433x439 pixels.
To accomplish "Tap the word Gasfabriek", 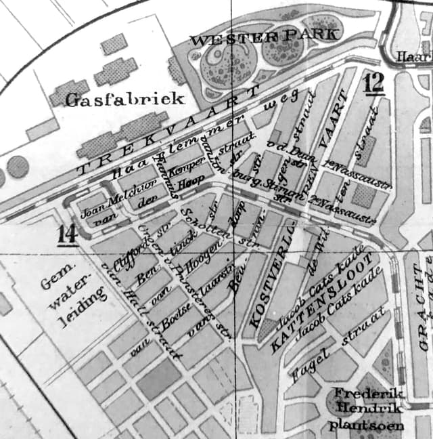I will coord(124,100).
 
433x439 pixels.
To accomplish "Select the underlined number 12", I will coord(373,83).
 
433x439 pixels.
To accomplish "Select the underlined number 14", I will coord(66,234).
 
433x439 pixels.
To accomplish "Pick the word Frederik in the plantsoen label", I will coord(366,395).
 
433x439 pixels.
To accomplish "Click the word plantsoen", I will coord(366,425).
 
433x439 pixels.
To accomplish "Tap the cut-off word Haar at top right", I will coord(414,57).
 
